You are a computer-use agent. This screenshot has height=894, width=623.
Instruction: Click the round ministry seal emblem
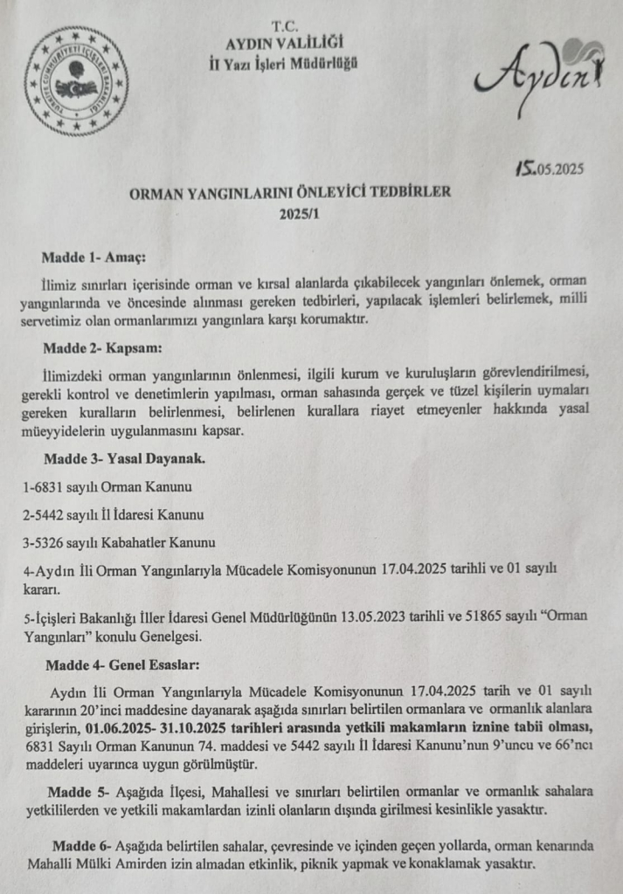tap(75, 81)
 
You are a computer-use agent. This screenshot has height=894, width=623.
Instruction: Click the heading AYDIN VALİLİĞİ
tap(285, 44)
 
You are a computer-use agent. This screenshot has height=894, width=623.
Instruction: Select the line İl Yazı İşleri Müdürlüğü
tap(284, 63)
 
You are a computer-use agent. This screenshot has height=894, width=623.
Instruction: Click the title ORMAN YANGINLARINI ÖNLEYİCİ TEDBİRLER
tap(290, 194)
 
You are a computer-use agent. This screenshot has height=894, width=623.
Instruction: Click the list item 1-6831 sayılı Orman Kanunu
tap(107, 486)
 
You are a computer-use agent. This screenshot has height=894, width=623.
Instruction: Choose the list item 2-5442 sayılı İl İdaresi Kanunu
tap(114, 514)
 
